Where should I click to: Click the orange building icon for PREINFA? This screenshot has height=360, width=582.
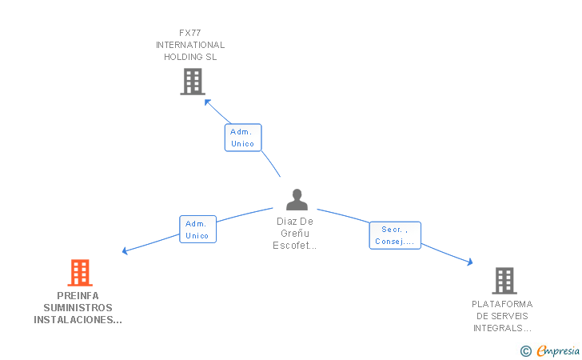80,273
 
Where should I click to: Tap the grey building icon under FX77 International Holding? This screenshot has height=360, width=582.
193,82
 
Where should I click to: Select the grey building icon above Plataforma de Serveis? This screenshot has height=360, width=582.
504,281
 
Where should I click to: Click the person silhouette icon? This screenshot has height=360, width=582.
297,199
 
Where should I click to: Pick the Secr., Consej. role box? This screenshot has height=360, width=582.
395,235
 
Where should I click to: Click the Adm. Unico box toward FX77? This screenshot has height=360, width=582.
243,138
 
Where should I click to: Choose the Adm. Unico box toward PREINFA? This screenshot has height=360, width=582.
197,230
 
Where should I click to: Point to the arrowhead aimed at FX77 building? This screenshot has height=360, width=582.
207,102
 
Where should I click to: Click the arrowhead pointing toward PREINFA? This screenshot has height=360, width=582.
125,251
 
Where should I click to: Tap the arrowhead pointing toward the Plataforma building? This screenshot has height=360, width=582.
470,262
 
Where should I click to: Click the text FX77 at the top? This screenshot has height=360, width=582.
190,33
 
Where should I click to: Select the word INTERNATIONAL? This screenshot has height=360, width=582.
190,45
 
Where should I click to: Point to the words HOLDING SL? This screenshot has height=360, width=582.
190,57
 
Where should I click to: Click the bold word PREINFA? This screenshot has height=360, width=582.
78,296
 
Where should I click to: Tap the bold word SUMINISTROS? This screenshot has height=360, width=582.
78,308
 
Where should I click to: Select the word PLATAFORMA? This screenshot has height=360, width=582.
502,304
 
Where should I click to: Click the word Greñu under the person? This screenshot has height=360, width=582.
295,234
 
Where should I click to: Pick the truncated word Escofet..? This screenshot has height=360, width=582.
295,246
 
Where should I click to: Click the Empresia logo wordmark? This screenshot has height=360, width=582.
558,350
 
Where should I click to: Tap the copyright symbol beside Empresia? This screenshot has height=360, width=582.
526,351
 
